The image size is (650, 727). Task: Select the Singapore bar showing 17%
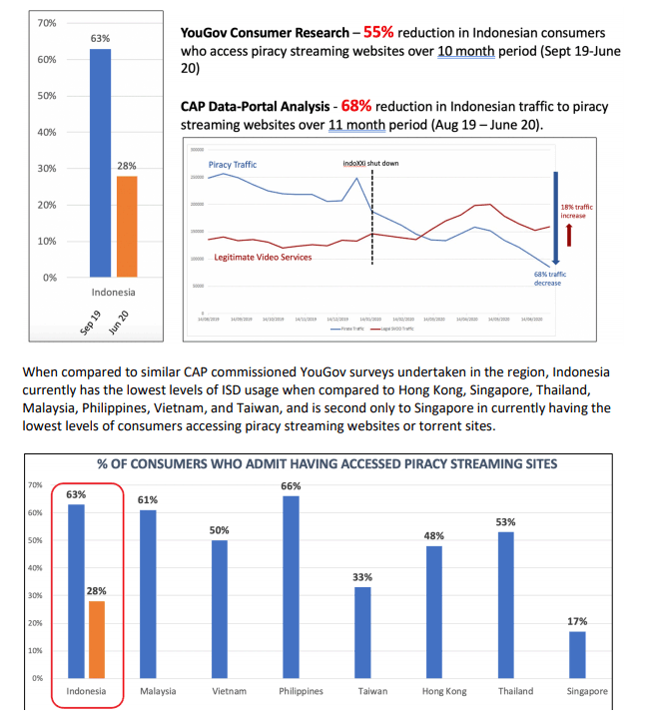[577, 654]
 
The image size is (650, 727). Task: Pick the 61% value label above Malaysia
[147, 500]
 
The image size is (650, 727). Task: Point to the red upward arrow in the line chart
[568, 234]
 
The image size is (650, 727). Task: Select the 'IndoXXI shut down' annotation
[370, 163]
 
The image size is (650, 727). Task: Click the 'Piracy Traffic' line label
[232, 165]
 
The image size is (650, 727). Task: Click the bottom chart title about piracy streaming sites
[326, 464]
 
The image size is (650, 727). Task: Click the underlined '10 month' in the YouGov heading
[466, 51]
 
